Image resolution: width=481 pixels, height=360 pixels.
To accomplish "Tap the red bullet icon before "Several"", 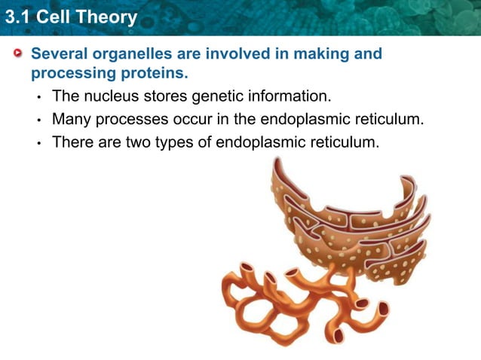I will [18, 54].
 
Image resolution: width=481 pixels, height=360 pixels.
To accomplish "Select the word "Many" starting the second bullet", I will [69, 119].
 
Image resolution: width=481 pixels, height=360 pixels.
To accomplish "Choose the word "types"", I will [176, 142].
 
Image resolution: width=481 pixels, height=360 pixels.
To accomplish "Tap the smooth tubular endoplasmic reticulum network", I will [294, 301].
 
